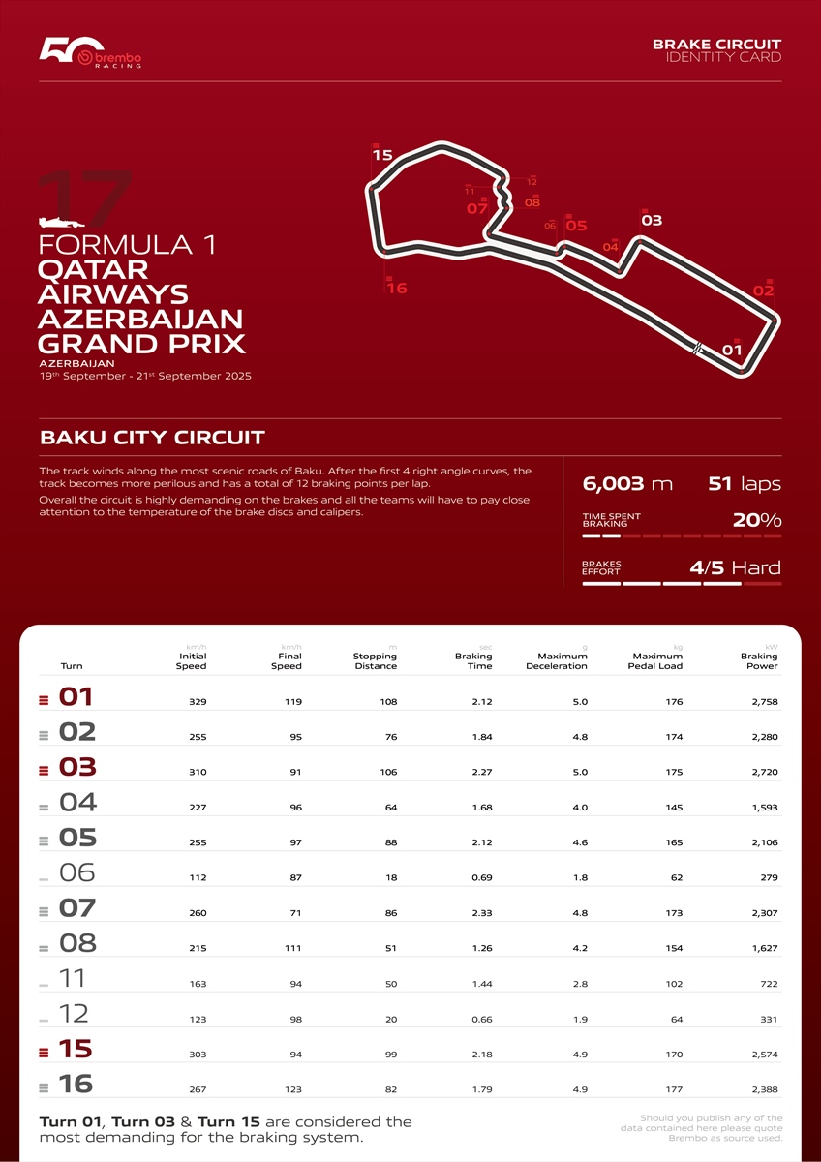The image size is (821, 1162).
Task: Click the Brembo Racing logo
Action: click(x=91, y=55)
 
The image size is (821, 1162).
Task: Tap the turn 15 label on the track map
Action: click(x=381, y=155)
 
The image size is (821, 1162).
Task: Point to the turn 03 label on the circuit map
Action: click(x=652, y=221)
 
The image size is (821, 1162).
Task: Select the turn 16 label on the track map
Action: click(x=396, y=288)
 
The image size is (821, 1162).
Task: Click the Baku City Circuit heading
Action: click(x=152, y=438)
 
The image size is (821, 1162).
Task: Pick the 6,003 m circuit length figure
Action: click(x=626, y=484)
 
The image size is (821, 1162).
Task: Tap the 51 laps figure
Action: click(x=745, y=484)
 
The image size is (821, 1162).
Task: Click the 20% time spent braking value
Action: click(x=757, y=520)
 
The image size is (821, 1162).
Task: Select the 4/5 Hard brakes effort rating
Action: click(x=735, y=568)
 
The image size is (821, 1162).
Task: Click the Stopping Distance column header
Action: click(x=375, y=661)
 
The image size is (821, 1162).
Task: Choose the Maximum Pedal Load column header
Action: click(x=655, y=661)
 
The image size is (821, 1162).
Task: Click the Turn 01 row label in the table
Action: click(x=76, y=698)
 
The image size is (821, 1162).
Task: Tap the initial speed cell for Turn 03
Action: click(x=197, y=773)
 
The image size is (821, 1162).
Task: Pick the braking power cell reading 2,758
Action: click(x=763, y=702)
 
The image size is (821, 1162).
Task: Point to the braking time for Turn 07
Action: click(x=479, y=913)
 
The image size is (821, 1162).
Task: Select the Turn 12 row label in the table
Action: click(x=74, y=1014)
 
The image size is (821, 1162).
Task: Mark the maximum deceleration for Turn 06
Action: click(x=580, y=878)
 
